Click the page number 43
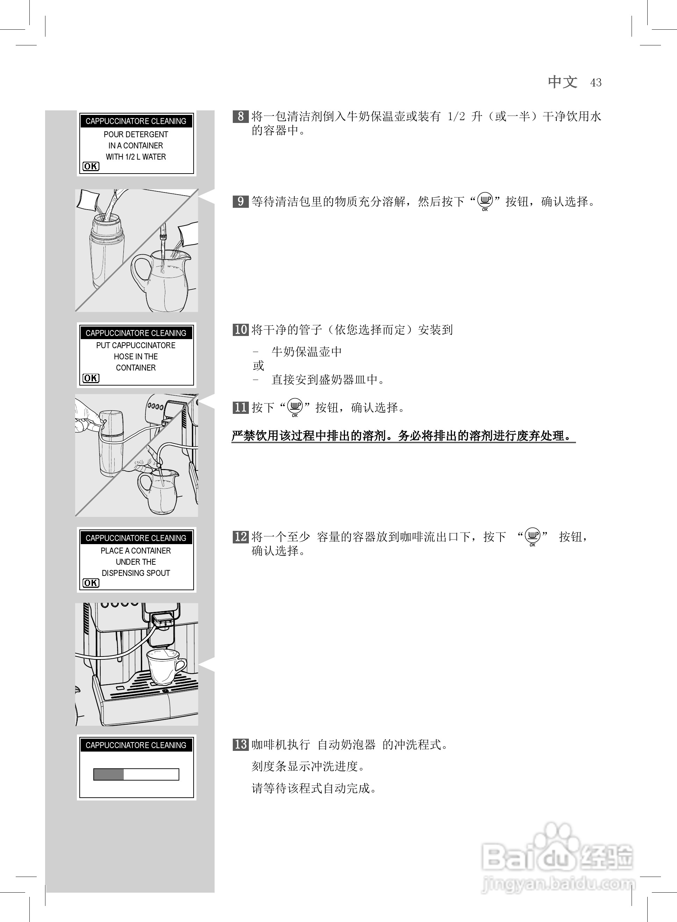coord(596,83)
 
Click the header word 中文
coord(563,82)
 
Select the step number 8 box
coord(240,117)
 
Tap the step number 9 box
coord(240,202)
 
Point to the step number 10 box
coord(240,330)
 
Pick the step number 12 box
coord(240,537)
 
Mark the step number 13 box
coord(240,744)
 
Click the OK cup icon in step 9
coord(485,201)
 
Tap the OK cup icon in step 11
coord(295,407)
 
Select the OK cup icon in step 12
coord(532,536)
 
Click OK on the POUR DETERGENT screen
coord(91,166)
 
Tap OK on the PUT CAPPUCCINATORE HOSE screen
coord(91,378)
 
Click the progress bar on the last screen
coord(136,774)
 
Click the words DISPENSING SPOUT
coord(136,573)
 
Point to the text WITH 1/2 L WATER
coord(136,157)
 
